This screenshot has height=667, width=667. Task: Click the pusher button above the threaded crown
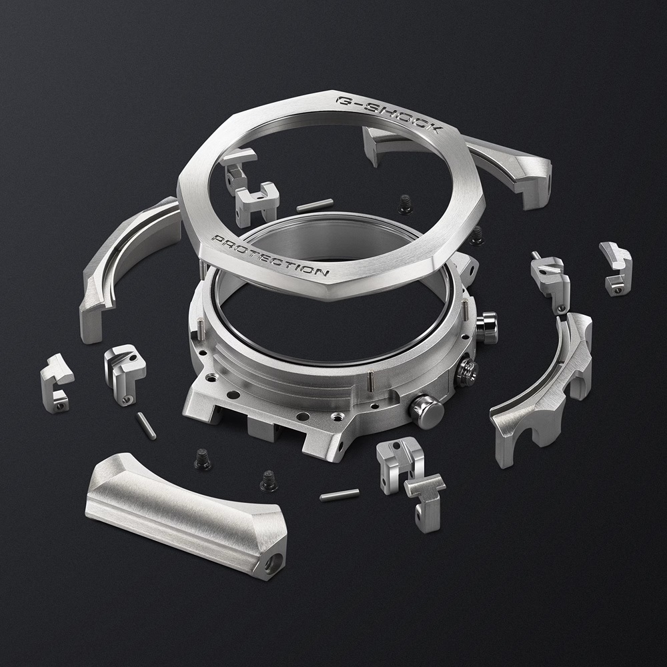pos(488,327)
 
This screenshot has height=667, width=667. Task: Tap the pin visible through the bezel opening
pos(314,205)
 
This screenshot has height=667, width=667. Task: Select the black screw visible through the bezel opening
pos(405,203)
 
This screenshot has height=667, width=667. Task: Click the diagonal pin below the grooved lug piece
pos(146,426)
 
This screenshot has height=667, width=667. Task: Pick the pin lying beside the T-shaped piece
pos(339,494)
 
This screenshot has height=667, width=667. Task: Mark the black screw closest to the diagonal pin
pos(202,459)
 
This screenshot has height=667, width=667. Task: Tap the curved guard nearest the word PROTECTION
pos(127,267)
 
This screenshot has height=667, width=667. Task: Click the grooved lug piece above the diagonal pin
pos(125,370)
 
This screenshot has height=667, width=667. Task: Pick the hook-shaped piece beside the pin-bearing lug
pos(616,267)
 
